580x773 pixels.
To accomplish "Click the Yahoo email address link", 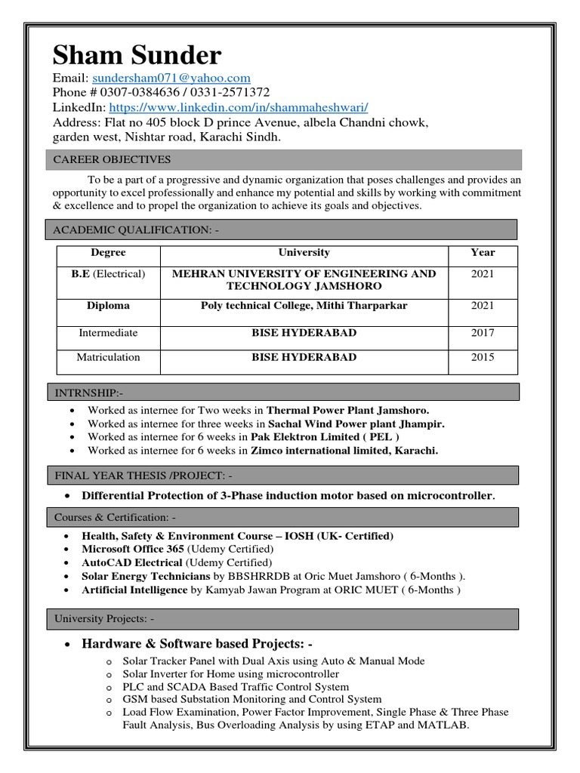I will click(171, 78).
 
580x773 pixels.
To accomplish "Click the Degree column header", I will click(108, 253).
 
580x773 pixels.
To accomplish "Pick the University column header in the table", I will click(304, 253).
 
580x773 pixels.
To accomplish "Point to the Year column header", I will click(483, 253).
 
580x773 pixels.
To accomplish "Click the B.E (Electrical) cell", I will click(108, 274).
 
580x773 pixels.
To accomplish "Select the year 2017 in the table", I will click(483, 333).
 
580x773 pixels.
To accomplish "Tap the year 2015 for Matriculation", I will click(483, 358).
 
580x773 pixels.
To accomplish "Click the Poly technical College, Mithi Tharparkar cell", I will click(304, 306).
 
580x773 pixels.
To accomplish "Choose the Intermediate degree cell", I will click(108, 333).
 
